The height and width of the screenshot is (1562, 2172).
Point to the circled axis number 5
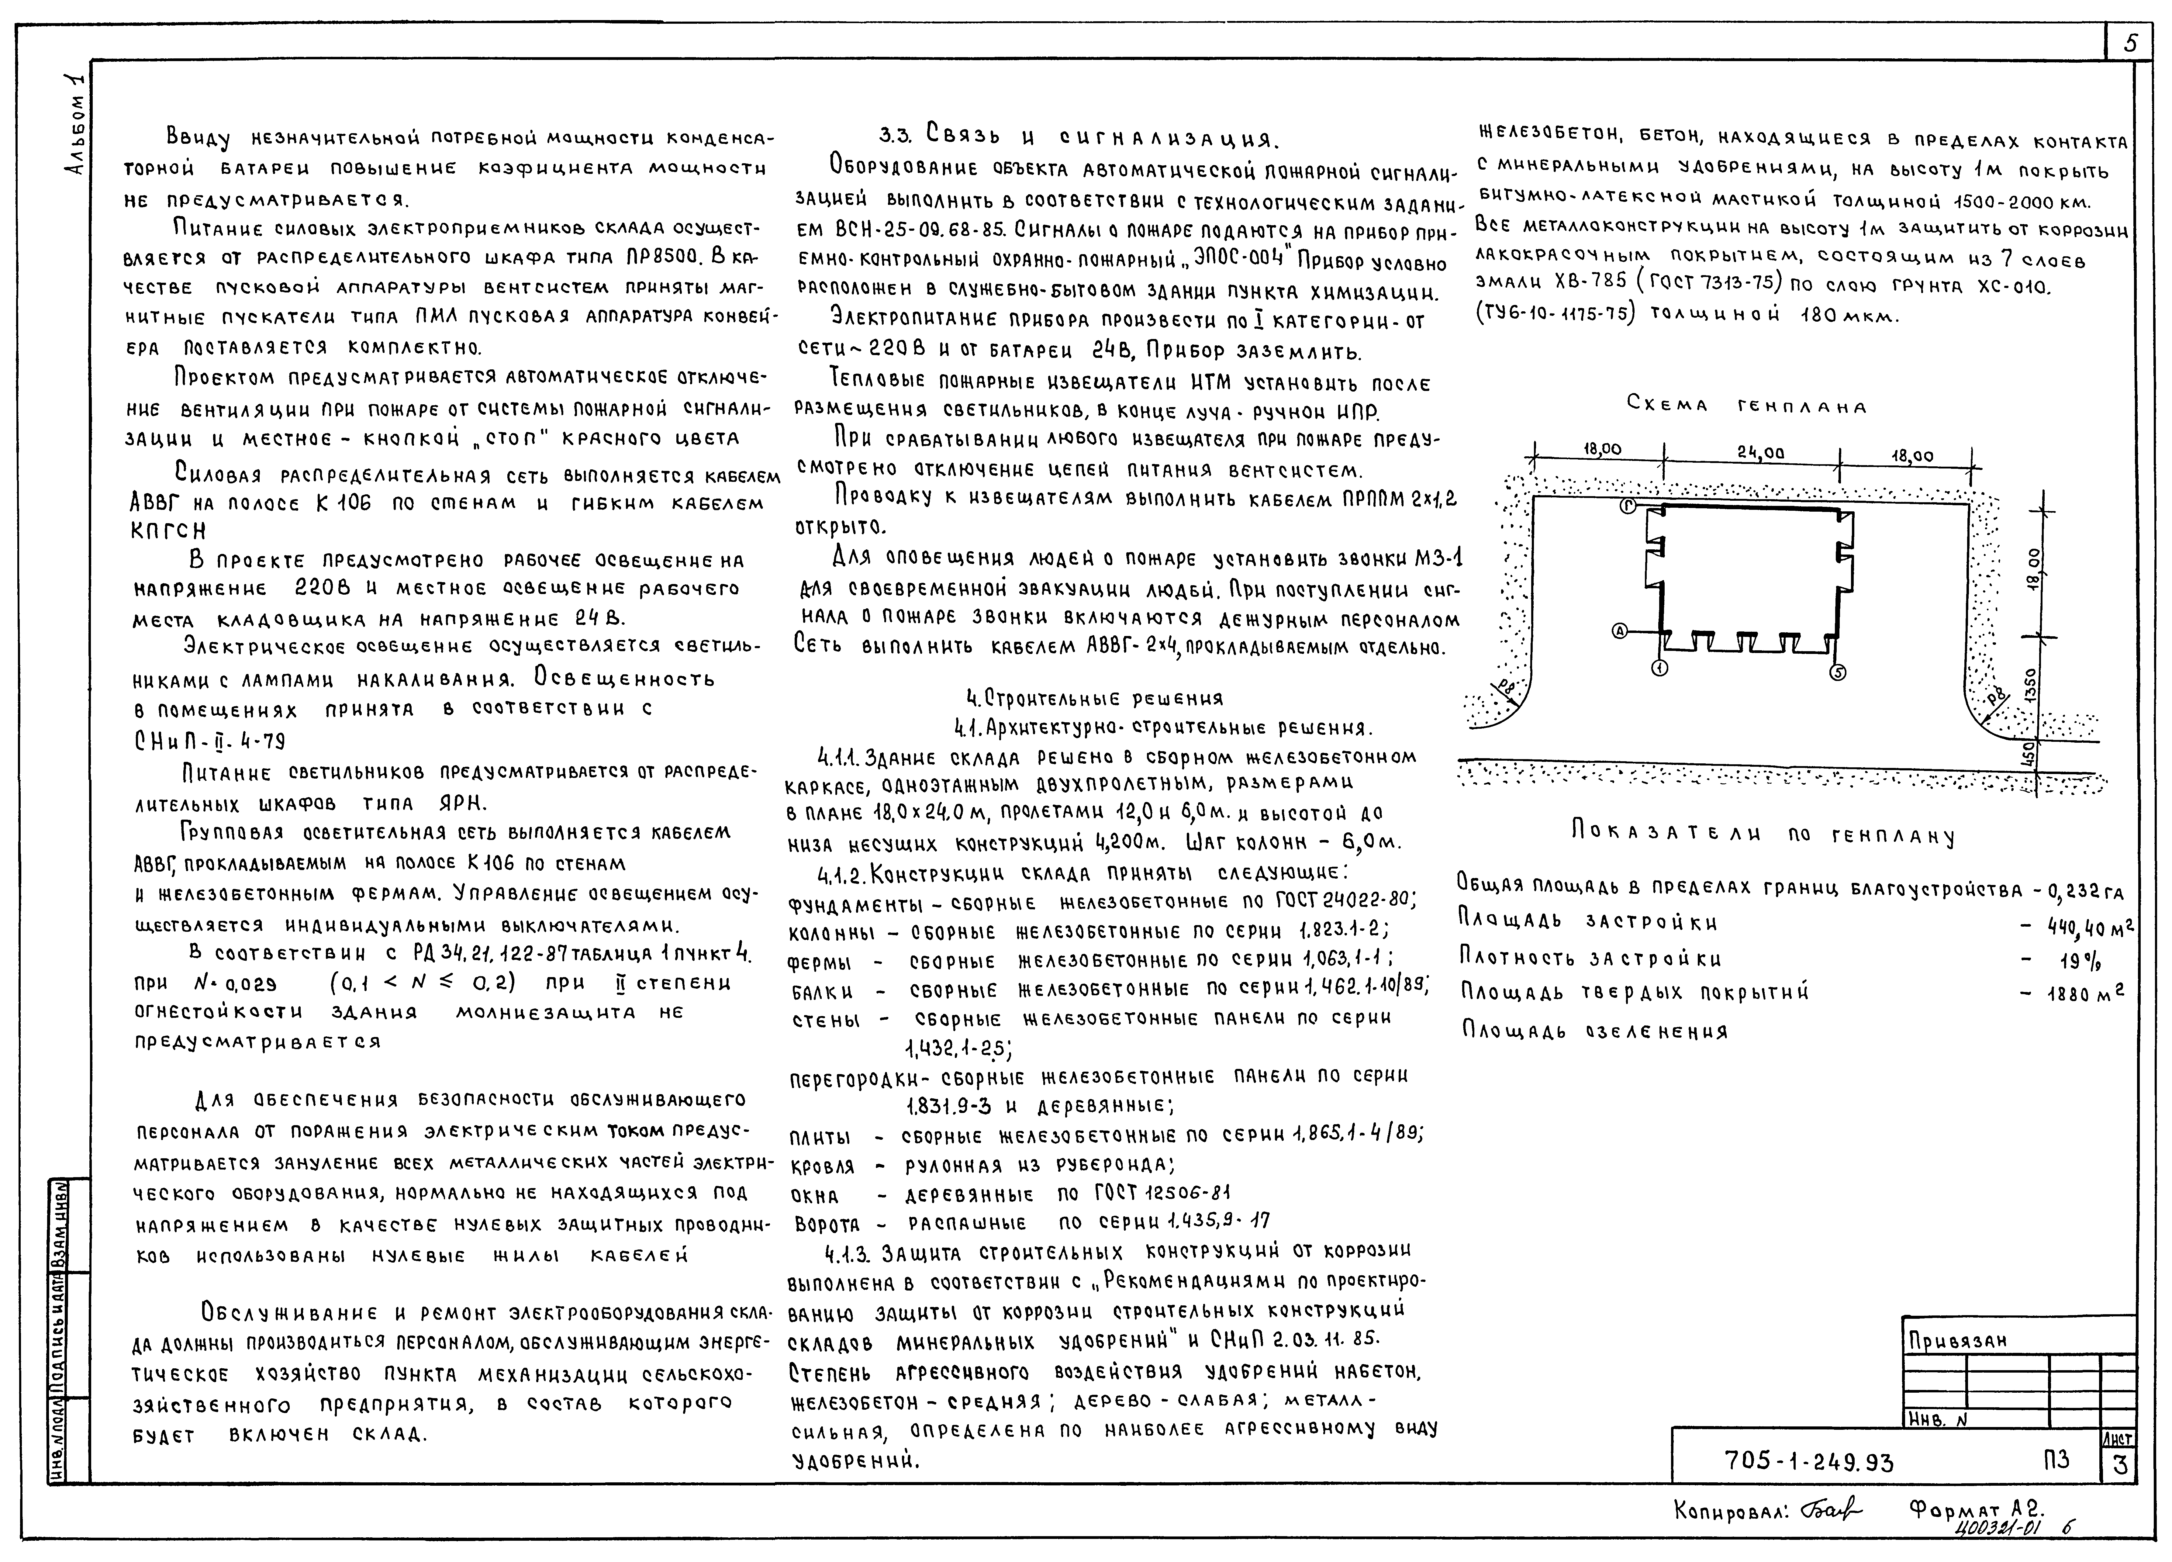[x=1837, y=673]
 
